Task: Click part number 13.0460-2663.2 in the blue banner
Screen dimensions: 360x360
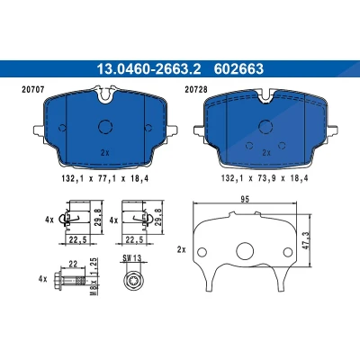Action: coord(148,69)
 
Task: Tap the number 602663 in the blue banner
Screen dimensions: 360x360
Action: coord(238,69)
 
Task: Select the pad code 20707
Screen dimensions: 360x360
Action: coord(33,89)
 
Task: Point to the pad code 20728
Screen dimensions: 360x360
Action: coord(196,89)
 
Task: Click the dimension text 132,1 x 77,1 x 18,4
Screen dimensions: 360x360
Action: coord(105,178)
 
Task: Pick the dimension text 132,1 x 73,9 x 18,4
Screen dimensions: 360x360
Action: coord(265,178)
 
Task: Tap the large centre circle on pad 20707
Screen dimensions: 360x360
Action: coord(105,126)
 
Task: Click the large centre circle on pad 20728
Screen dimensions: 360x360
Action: coord(265,126)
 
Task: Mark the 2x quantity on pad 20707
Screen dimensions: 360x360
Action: coord(105,153)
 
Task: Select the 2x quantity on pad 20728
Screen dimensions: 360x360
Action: coord(266,153)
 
